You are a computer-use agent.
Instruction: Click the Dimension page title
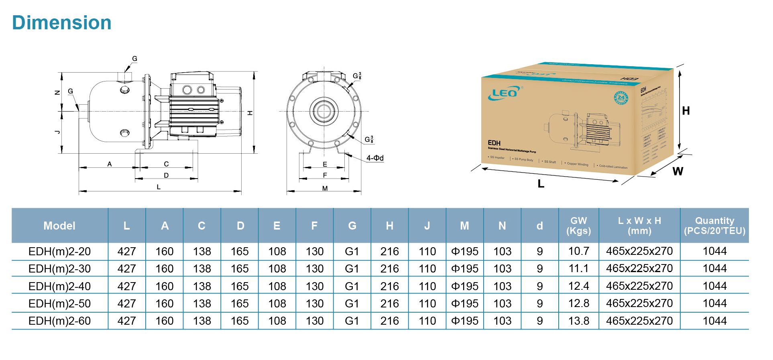click(x=62, y=23)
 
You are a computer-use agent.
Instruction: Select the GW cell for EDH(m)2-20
click(x=578, y=252)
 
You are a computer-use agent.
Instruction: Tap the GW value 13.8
click(x=578, y=321)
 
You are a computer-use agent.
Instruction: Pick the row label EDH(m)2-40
click(x=59, y=287)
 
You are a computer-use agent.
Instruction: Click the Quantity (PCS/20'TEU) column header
click(x=714, y=226)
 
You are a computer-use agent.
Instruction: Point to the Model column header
click(x=59, y=226)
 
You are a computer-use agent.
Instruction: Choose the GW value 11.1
click(x=578, y=269)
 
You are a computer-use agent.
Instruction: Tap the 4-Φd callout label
click(x=375, y=158)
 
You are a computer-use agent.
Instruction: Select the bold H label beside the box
click(x=686, y=111)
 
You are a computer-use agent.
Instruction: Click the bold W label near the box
click(x=678, y=171)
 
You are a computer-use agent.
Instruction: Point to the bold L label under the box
click(x=541, y=184)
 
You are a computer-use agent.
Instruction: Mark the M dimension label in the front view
click(x=325, y=188)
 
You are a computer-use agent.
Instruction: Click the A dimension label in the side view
click(x=110, y=164)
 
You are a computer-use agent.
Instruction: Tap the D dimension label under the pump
click(x=166, y=175)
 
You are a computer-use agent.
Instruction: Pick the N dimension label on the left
click(x=57, y=92)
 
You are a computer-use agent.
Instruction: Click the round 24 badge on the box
click(x=621, y=98)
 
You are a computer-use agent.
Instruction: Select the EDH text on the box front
click(x=494, y=143)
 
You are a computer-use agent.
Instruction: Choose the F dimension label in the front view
click(x=325, y=175)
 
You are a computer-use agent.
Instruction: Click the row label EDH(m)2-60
click(x=59, y=321)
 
